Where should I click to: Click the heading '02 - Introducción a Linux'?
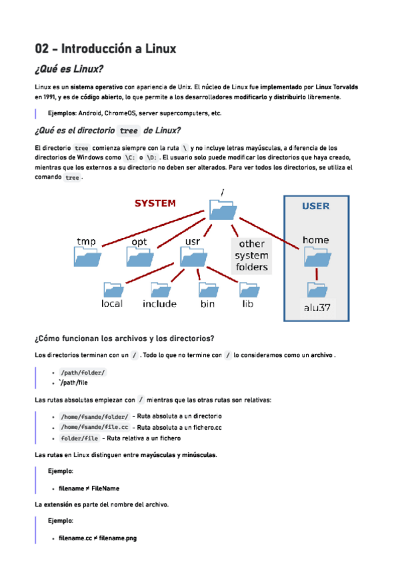coord(105,49)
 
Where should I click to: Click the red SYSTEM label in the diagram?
coord(155,203)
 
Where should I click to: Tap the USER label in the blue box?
coord(315,206)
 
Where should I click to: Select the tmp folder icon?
coord(87,256)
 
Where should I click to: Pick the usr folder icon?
coord(193,256)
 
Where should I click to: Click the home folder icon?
coord(317,256)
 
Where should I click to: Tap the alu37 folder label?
coord(317,308)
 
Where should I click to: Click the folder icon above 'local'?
coord(113,288)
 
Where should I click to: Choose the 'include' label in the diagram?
coord(160,304)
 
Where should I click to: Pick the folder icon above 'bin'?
coord(207,288)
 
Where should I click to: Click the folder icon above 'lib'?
coord(248,288)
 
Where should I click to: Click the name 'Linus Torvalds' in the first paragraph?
coord(336,87)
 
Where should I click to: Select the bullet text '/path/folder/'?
coord(82,372)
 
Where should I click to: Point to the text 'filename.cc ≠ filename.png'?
coord(97,538)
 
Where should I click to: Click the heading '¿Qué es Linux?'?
coord(69,69)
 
